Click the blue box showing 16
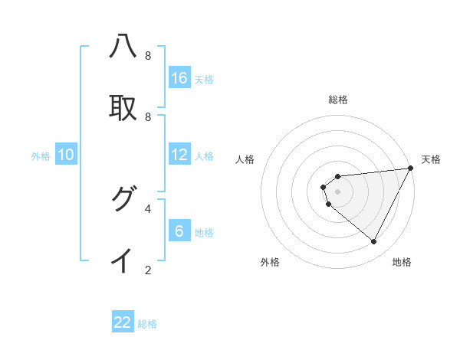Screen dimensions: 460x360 (179, 78)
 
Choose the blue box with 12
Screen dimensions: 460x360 (179, 155)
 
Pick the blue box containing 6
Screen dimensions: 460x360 (179, 231)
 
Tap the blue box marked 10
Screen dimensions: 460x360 (66, 155)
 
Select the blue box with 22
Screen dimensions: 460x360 (123, 322)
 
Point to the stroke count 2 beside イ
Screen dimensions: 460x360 (148, 270)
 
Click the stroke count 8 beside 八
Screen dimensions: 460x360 (148, 56)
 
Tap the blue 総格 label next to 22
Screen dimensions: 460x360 (147, 324)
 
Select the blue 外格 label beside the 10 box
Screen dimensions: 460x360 (41, 156)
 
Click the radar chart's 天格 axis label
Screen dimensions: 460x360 (431, 159)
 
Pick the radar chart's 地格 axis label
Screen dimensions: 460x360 (402, 262)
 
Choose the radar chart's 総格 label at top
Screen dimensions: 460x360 (338, 100)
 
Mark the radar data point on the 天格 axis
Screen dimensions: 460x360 (411, 168)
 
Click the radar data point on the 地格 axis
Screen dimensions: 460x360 (374, 242)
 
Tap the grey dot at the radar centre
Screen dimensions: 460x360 (338, 191)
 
